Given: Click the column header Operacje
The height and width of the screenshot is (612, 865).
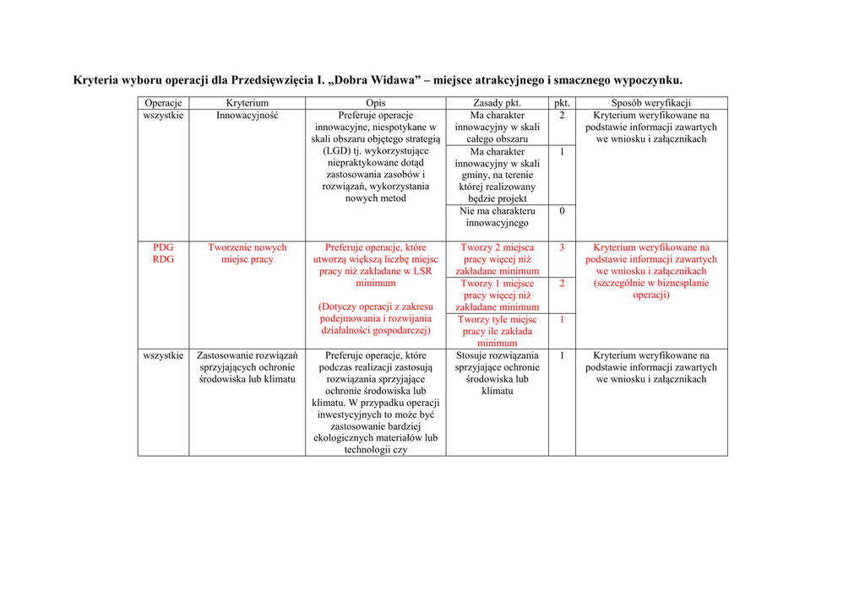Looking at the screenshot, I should [163, 103].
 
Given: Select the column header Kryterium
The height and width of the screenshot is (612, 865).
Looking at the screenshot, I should [247, 103].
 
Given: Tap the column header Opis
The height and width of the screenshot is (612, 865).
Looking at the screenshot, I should [375, 103].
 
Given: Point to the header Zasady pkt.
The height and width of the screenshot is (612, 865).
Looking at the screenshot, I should [497, 103].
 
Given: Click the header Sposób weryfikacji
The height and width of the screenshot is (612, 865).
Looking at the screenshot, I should [650, 103].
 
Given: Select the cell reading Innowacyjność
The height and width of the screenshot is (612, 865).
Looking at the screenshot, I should [247, 115].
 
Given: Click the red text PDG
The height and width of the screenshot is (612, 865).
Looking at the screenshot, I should [163, 247].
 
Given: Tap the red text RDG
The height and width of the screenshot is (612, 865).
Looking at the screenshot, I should [163, 259].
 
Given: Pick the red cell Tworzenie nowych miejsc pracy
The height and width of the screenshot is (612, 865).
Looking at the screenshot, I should [247, 253].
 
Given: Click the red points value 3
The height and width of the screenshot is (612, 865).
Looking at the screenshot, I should [562, 247].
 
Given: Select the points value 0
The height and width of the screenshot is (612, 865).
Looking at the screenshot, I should [562, 211].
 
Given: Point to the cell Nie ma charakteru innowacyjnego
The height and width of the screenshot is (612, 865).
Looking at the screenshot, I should [497, 217].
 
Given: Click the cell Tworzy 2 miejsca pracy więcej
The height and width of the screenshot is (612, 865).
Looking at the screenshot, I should [497, 259].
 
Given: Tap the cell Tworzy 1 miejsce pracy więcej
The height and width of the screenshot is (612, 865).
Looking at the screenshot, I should [497, 295].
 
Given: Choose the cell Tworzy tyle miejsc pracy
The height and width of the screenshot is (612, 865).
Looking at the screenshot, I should [497, 331].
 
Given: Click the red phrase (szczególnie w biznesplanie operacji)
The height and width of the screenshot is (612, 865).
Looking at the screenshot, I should [650, 290].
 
